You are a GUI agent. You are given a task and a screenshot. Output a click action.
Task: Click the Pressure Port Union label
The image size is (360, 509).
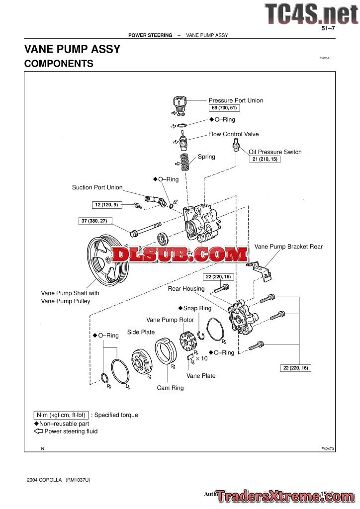tap(236, 100)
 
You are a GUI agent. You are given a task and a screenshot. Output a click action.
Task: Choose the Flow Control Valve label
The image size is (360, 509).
tap(233, 134)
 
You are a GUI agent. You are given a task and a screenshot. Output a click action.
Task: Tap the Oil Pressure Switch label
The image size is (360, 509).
tap(275, 152)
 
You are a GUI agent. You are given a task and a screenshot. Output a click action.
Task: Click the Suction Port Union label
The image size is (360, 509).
tap(97, 187)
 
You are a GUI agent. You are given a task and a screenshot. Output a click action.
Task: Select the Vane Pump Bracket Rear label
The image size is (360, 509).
tap(288, 247)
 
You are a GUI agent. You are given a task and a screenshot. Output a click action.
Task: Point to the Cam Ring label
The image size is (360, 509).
tap(170, 388)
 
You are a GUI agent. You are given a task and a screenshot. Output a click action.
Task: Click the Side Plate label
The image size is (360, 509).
tap(141, 332)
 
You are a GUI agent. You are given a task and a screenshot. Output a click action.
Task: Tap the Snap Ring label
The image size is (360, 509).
tap(197, 308)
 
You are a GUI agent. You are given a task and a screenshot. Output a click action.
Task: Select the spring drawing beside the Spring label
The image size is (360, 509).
tap(185, 162)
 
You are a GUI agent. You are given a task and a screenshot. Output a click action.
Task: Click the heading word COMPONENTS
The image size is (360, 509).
tap(59, 64)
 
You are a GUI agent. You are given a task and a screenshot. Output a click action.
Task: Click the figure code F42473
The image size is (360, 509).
tap(328, 449)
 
